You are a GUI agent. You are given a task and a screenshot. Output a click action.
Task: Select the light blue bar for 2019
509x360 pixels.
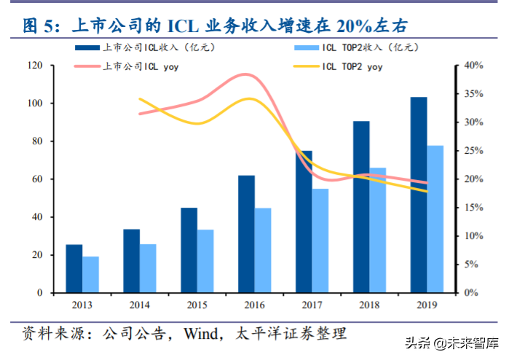point(435,219)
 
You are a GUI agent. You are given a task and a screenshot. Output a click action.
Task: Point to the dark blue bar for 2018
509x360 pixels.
point(360,207)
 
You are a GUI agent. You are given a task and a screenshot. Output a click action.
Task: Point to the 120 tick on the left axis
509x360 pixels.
point(33,66)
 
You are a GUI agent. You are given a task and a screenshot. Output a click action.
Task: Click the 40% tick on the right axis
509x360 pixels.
point(474,66)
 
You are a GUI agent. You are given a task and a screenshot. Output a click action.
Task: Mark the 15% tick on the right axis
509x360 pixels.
point(474,208)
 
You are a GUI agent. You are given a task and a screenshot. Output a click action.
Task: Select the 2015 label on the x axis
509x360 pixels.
point(197,305)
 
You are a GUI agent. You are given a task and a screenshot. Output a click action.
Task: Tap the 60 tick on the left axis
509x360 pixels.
point(36,179)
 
